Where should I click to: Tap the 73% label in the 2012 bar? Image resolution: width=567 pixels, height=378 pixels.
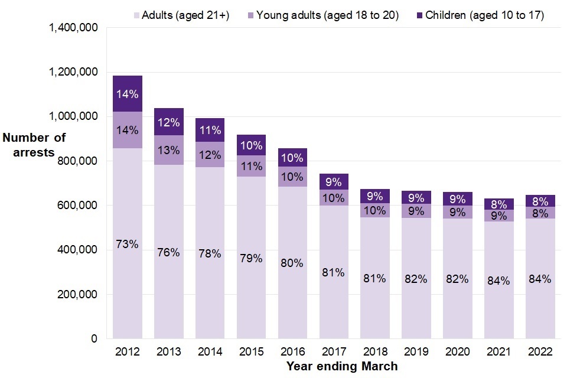click(128, 244)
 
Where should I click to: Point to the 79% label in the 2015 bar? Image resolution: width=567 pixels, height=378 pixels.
click(251, 258)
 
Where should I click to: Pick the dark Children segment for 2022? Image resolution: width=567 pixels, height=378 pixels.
click(540, 200)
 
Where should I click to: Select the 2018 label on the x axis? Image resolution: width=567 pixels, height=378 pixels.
click(375, 352)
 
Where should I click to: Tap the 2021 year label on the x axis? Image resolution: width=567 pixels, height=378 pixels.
click(498, 352)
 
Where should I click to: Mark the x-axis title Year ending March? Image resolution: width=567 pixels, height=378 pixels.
click(342, 367)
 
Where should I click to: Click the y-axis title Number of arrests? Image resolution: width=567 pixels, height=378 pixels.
click(34, 145)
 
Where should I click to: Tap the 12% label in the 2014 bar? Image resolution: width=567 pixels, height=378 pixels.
click(210, 155)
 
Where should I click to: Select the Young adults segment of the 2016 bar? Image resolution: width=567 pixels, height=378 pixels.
click(292, 177)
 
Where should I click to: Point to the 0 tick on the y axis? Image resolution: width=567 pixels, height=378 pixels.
click(93, 339)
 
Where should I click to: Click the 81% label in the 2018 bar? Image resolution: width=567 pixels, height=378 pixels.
click(375, 278)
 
